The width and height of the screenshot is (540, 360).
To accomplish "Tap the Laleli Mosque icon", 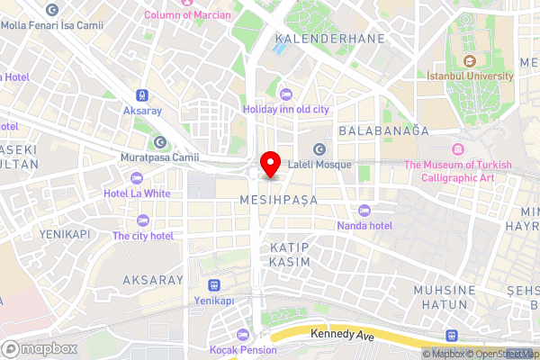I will [319, 148].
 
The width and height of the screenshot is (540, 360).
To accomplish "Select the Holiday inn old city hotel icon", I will [286, 94].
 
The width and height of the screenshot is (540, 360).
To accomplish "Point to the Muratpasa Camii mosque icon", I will [159, 142].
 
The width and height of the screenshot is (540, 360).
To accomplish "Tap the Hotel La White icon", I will [137, 178].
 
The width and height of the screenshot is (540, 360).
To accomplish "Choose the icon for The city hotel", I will [142, 220].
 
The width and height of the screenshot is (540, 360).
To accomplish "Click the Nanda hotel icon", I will [364, 210].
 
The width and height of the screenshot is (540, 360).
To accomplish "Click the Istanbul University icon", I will [469, 61].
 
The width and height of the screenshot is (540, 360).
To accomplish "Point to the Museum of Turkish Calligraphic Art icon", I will [457, 148].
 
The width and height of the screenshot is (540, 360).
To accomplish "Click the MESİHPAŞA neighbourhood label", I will [279, 199].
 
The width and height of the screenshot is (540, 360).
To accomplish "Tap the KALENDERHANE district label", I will [329, 39].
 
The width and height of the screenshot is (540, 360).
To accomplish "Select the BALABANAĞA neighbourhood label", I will [383, 130].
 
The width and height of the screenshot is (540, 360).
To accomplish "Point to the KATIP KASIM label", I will [289, 254].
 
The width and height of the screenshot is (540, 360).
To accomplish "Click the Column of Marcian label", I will [187, 14].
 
